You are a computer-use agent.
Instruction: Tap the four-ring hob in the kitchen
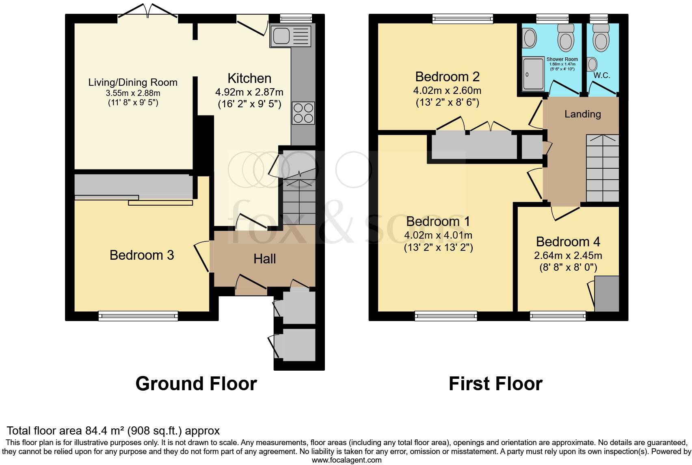point(303,113)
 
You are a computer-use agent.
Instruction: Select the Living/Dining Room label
point(133,83)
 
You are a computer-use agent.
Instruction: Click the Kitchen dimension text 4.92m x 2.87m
point(249,92)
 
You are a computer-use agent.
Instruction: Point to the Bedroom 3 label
point(142,255)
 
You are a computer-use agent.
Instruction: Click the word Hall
point(265,259)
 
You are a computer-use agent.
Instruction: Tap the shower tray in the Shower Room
point(532,74)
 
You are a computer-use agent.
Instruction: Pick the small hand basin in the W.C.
point(592,64)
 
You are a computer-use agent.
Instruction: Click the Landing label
point(582,114)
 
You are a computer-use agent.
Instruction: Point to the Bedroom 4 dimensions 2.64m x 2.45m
point(568,256)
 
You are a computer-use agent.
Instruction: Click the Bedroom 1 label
point(438,222)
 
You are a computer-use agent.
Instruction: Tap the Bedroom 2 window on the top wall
point(463,18)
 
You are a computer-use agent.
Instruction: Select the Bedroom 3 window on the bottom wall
point(138,316)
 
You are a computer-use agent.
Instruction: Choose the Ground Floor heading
point(196,384)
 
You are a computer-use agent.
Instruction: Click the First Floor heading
point(495,384)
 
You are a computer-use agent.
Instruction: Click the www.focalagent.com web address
point(346,460)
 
